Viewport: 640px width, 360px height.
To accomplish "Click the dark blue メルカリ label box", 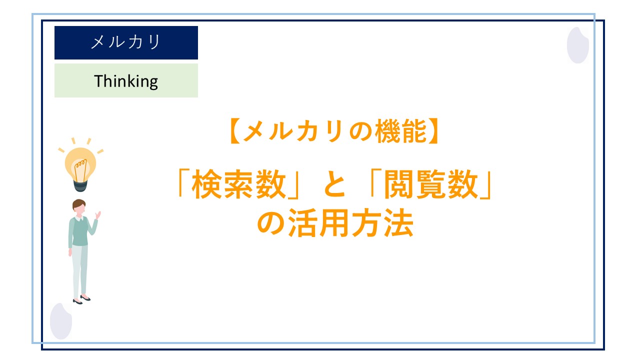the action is click(x=126, y=42).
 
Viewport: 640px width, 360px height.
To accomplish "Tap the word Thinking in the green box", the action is click(x=126, y=81).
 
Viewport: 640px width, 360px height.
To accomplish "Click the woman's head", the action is click(x=79, y=207).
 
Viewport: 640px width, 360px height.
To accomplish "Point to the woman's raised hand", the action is click(x=98, y=215).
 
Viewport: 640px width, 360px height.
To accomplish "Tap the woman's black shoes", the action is click(x=81, y=299).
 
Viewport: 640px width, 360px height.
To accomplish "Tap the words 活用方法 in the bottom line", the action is click(x=350, y=223).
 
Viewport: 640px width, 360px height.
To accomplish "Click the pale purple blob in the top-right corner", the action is click(x=577, y=45).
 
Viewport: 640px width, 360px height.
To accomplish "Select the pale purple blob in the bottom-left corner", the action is click(x=61, y=321).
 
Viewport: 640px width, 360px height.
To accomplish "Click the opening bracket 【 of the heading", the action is click(x=235, y=131).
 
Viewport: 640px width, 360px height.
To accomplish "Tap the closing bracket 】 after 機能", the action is click(x=433, y=131).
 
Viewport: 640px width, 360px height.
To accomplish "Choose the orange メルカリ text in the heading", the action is click(x=294, y=131).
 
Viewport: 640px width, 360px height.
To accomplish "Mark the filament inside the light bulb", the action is click(x=80, y=169).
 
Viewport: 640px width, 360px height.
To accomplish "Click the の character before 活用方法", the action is click(x=270, y=223).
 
